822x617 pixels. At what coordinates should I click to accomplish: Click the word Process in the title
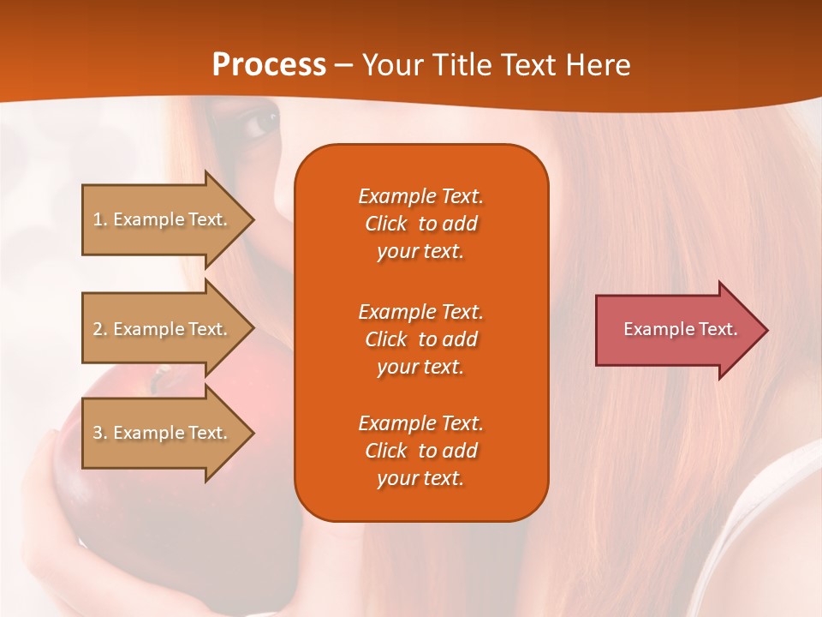[x=269, y=65]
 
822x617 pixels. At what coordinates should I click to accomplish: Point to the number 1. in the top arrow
[x=100, y=219]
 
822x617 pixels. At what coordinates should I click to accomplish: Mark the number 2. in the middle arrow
[x=100, y=329]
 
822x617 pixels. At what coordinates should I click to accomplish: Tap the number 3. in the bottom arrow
[x=100, y=433]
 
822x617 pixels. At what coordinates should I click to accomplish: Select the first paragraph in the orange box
[x=420, y=224]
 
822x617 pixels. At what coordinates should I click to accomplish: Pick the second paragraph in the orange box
[x=420, y=338]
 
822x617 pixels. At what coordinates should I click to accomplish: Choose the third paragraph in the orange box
[x=420, y=451]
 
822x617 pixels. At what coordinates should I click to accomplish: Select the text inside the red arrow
[x=680, y=329]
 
